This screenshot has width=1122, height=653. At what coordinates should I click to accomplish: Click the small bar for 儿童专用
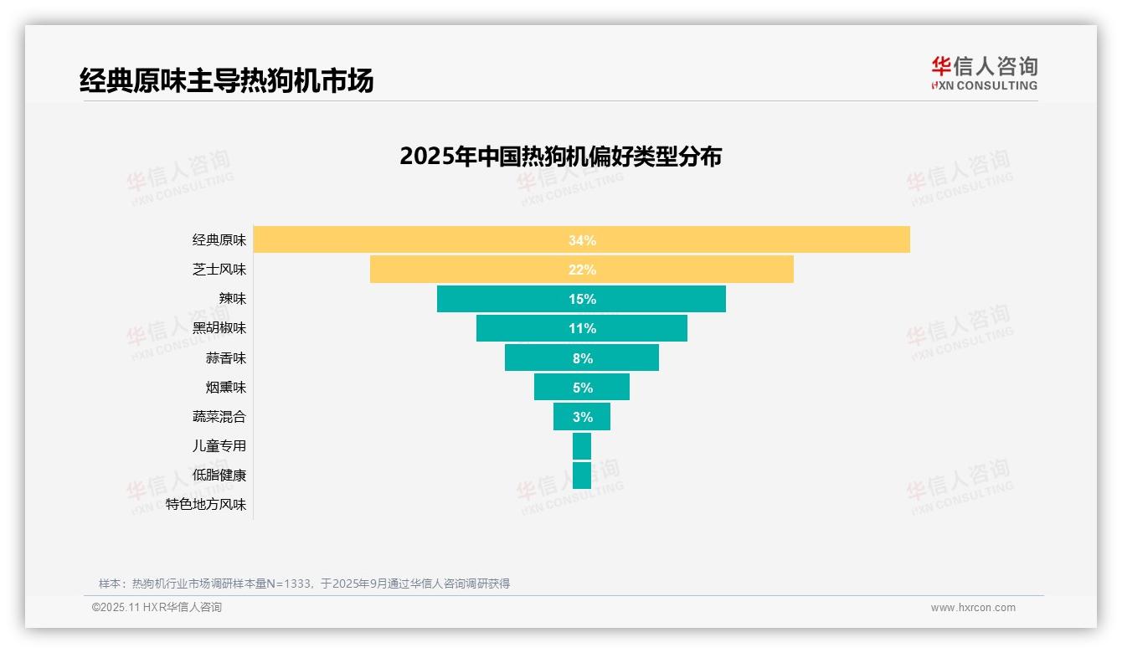coord(582,446)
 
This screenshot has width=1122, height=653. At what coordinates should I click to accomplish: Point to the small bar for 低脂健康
coord(582,476)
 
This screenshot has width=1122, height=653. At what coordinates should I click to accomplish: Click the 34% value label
coord(582,240)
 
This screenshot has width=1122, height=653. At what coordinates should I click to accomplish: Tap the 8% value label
coord(582,358)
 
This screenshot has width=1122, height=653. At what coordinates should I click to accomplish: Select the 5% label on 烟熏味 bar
coord(582,388)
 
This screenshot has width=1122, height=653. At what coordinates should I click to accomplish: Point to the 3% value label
coord(582,417)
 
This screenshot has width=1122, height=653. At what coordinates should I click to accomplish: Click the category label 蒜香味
coord(226,358)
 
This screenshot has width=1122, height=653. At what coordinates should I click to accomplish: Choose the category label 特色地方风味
coord(206,505)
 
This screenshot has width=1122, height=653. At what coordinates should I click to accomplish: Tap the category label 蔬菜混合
coord(219,417)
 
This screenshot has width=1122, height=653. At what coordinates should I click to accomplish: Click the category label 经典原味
coord(219,240)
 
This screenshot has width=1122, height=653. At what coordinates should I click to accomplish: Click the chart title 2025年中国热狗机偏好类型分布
coord(560,157)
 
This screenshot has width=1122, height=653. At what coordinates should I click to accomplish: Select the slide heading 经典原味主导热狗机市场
coord(226,80)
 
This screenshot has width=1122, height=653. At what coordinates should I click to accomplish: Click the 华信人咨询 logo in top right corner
coord(984,74)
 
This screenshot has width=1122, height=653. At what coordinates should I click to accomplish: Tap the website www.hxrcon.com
coord(973,608)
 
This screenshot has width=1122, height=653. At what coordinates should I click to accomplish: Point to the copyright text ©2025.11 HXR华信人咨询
coord(157,608)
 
